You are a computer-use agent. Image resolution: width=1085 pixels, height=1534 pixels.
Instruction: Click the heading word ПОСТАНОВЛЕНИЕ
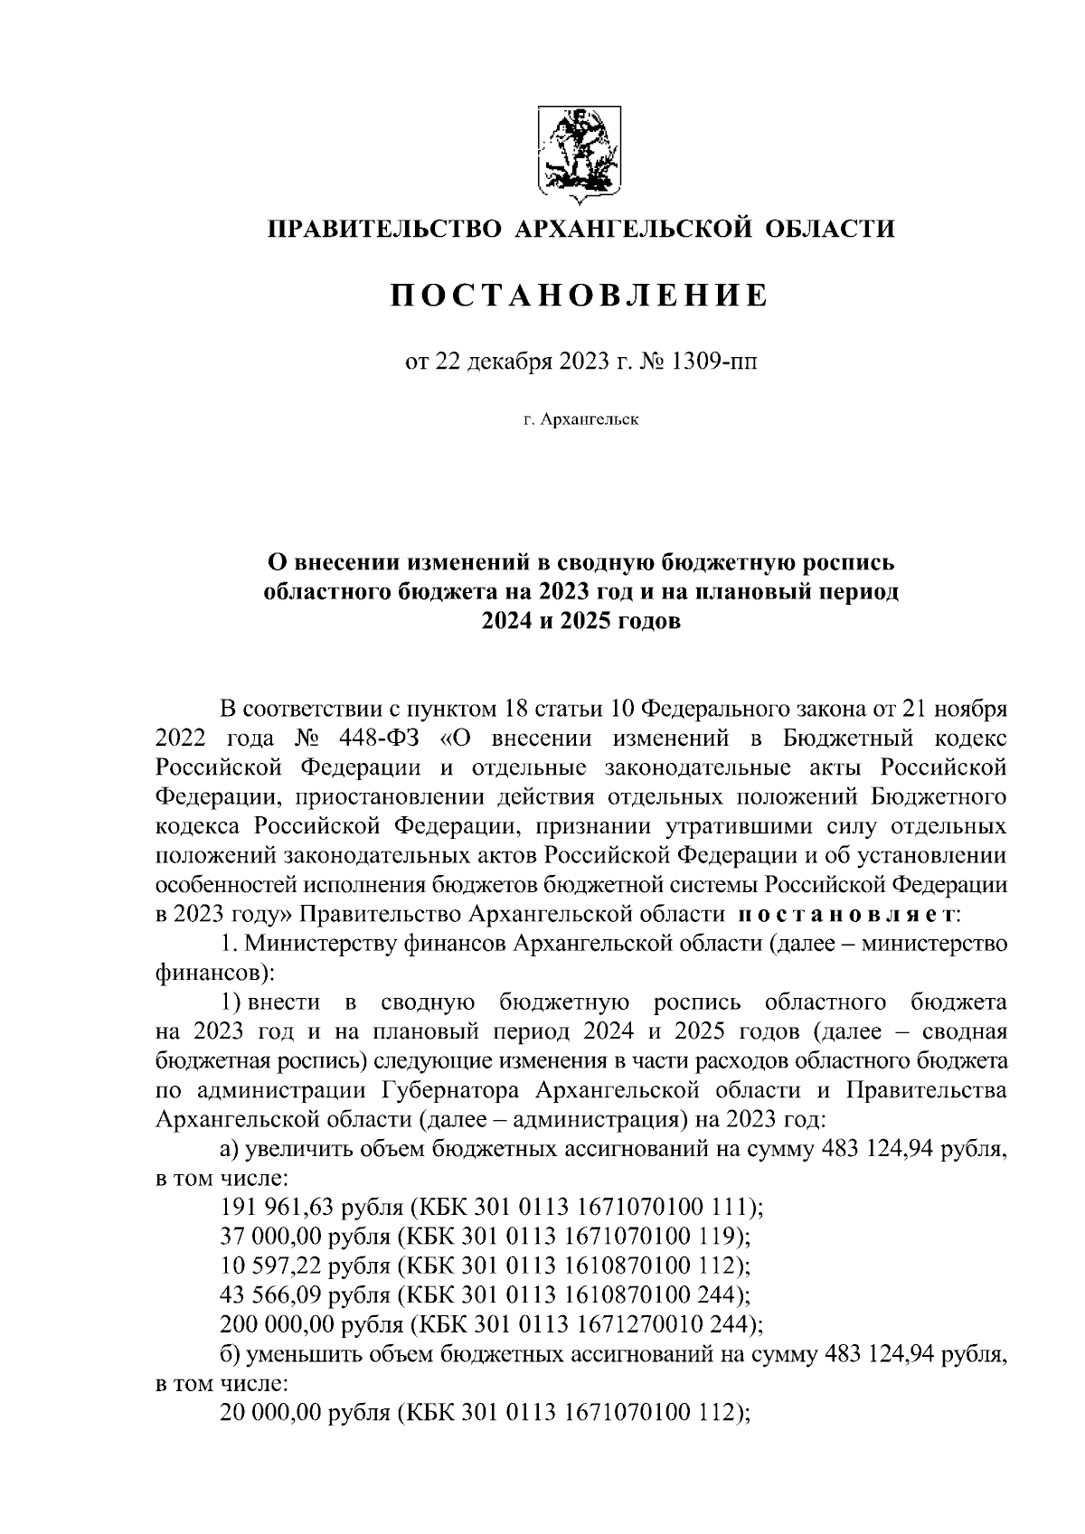point(579,296)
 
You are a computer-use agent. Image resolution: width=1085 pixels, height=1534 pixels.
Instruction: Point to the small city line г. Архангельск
point(580,419)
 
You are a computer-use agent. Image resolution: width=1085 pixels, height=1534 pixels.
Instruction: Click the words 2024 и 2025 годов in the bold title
point(579,622)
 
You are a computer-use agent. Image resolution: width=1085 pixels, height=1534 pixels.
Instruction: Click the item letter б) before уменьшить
point(230,1354)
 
